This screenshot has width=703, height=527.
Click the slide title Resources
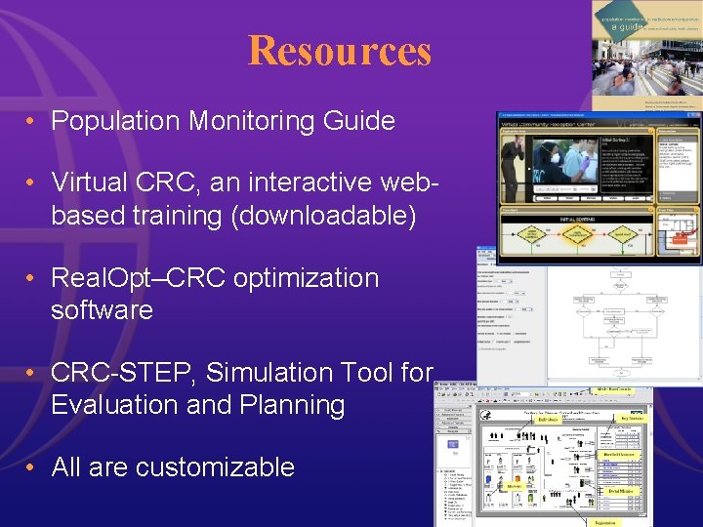[339, 51]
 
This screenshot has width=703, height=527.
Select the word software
[102, 310]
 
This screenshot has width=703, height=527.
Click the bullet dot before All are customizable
[32, 467]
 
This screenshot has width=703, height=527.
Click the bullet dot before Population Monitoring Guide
[32, 121]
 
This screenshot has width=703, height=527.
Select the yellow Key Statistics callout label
[625, 418]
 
